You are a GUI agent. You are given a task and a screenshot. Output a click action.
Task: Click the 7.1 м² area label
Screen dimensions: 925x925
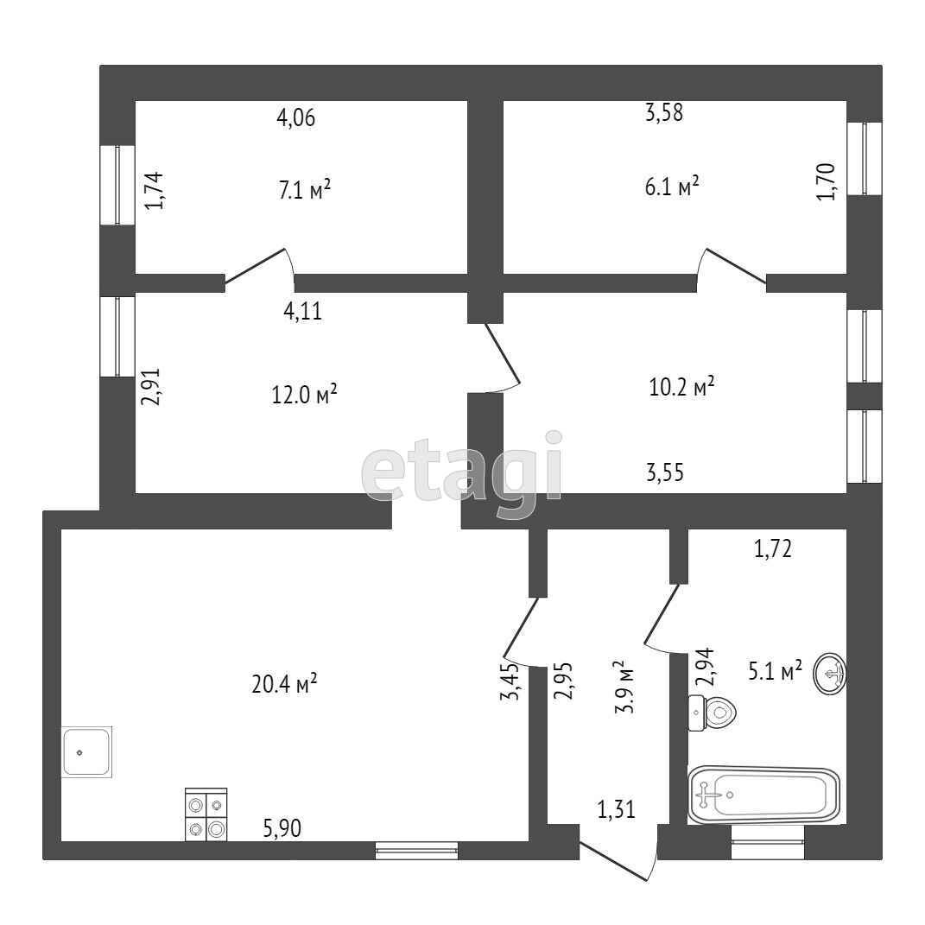pos(304,190)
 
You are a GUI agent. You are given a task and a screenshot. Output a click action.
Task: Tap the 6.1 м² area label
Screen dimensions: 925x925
pos(671,187)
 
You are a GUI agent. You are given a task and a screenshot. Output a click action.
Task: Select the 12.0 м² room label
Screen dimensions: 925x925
pos(303,395)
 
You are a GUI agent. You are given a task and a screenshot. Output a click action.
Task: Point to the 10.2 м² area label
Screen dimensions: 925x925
pos(681,387)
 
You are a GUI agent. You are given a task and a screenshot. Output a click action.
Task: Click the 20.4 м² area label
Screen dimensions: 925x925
pos(284,684)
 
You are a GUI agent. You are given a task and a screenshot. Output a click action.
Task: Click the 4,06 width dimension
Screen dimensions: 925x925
pos(295,117)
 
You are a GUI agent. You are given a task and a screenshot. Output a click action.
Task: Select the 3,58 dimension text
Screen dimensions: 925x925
pos(664,112)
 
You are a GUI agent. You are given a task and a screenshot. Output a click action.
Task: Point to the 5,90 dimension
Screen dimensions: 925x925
pos(282,829)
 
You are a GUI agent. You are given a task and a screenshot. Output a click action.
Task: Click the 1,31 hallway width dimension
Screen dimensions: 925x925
pos(616,809)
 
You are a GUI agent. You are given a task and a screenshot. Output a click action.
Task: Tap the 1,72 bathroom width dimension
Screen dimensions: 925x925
pos(773,548)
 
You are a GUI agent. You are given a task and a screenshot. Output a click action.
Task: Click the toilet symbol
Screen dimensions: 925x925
pos(713,713)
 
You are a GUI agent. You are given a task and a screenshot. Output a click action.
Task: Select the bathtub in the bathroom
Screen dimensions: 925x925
pos(763,793)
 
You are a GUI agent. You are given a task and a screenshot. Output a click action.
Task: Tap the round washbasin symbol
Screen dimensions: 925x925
pos(830,674)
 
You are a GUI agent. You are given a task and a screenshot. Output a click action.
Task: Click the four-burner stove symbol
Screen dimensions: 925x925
pos(206,814)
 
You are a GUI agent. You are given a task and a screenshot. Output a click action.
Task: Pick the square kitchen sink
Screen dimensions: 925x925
pos(86,752)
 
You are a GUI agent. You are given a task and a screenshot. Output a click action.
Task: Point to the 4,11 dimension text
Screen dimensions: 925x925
pos(302,311)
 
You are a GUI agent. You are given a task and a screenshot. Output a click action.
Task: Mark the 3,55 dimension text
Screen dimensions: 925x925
pos(670,472)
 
